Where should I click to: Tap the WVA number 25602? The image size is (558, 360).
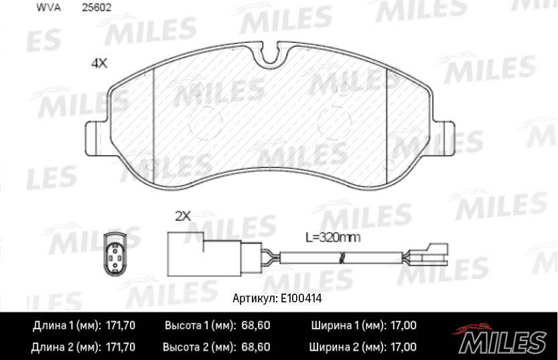click(96, 9)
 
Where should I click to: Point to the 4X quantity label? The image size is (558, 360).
click(99, 64)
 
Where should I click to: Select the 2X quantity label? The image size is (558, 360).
click(183, 216)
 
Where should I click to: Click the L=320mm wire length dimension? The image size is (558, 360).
click(333, 237)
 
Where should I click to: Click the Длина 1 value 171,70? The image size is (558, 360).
click(121, 326)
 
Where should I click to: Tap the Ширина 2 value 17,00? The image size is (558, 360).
click(403, 347)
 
